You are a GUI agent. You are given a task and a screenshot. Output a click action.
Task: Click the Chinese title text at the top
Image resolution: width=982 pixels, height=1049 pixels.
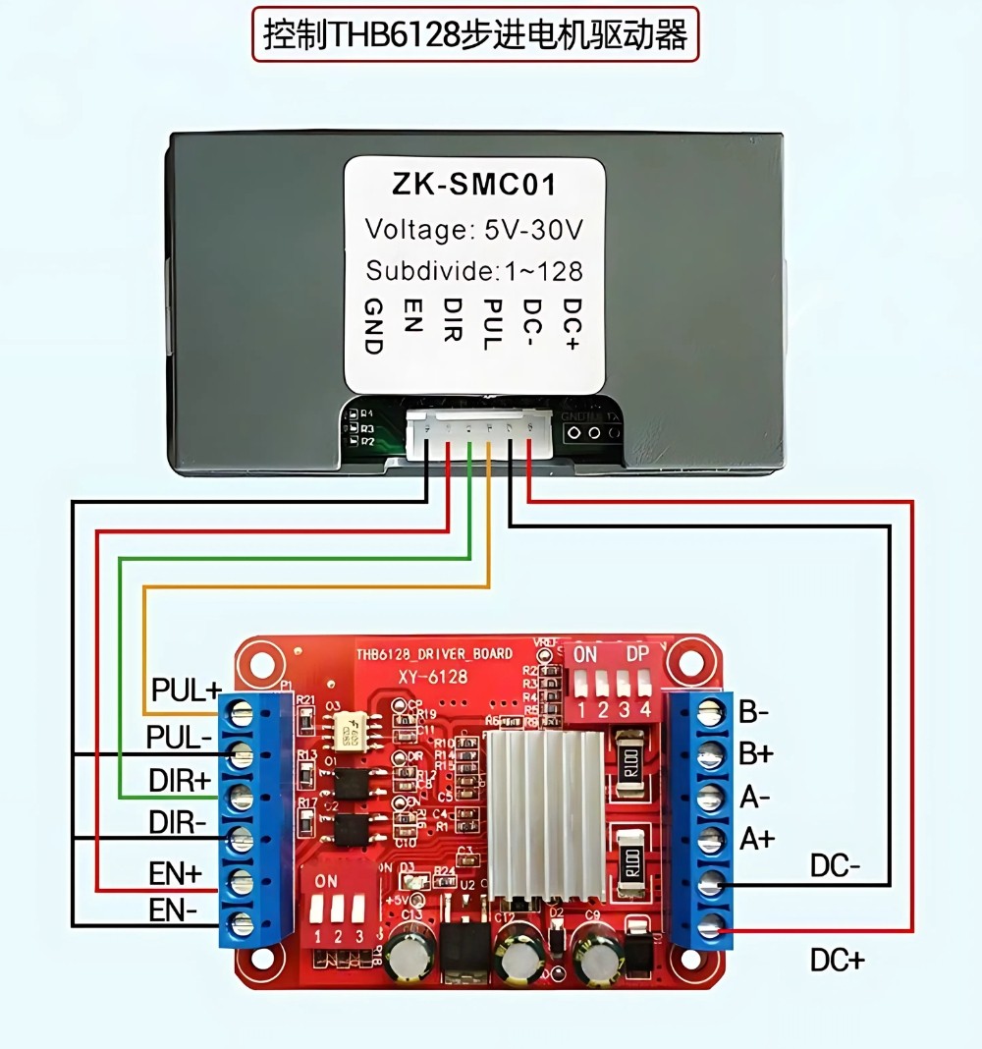point(475,35)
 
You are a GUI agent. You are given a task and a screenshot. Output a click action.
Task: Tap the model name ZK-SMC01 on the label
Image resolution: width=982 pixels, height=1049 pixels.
point(473,185)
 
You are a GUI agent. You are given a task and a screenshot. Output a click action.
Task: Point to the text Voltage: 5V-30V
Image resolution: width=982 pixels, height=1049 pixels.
point(474,229)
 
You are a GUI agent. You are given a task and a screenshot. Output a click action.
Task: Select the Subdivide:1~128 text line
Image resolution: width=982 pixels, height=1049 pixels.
point(474,270)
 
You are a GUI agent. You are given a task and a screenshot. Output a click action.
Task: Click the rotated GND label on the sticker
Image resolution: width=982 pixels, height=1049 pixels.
point(373,324)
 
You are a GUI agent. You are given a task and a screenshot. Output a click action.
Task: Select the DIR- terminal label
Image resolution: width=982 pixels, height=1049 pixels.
point(178,821)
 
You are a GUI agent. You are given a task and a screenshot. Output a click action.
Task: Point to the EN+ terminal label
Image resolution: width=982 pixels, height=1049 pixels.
point(177,870)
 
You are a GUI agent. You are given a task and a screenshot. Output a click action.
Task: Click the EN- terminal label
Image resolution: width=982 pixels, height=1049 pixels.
point(174,911)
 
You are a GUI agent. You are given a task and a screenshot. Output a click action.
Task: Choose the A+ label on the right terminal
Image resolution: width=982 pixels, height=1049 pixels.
point(757,839)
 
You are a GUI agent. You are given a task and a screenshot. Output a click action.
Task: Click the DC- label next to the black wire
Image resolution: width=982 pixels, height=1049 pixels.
point(835,866)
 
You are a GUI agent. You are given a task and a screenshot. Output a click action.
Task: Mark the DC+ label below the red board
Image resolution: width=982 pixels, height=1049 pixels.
point(837,960)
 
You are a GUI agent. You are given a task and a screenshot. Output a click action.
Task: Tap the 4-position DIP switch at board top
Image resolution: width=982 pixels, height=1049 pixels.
point(614,682)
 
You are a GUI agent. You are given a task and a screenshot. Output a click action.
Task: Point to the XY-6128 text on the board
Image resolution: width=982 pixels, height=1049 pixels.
point(432,677)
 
